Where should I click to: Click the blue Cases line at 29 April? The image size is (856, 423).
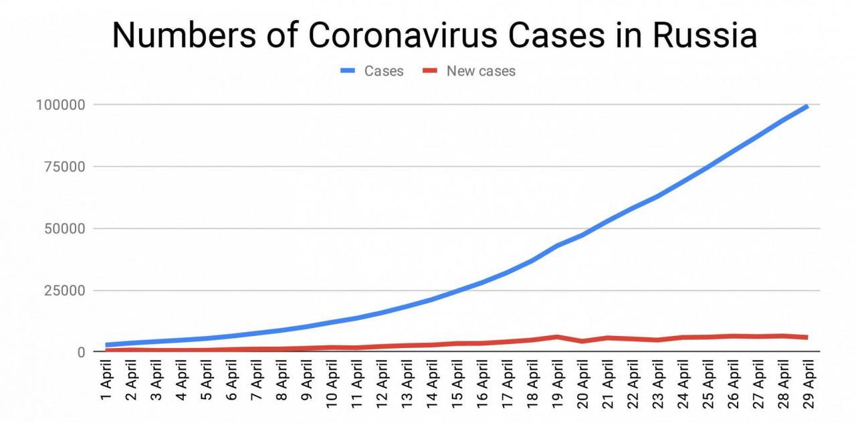coord(807,106)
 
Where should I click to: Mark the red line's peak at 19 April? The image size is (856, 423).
coord(557,337)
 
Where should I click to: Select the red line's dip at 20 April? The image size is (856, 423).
coord(582,341)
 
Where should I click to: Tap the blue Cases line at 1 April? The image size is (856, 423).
coord(107,345)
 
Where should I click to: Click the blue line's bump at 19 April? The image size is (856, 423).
coord(557,246)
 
